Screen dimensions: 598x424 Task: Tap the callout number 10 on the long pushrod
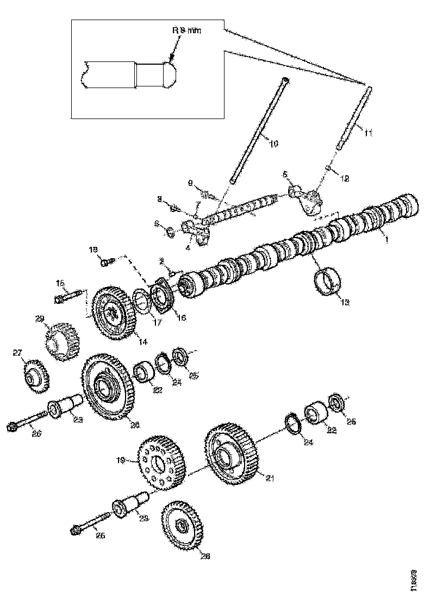[x=273, y=144]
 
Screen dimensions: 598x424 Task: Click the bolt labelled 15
[x=67, y=297]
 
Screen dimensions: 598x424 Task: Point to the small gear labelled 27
[x=36, y=375]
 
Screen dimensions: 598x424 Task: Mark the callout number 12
[x=344, y=178]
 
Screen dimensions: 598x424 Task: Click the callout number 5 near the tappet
[x=284, y=174]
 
